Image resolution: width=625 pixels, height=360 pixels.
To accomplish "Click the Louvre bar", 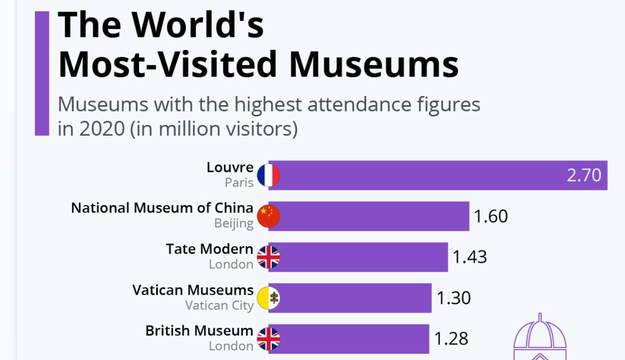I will click(419, 175).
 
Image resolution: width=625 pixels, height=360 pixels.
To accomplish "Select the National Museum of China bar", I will click(370, 216).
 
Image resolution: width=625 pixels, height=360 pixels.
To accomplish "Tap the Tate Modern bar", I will click(360, 257).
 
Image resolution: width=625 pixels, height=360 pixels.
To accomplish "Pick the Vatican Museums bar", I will click(352, 298).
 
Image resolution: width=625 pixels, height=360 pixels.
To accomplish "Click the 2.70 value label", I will click(584, 175).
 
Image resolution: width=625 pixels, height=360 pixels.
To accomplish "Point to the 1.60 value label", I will click(490, 216).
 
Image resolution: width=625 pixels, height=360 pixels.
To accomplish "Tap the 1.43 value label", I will click(469, 257).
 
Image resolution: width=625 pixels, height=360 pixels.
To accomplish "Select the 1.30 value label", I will click(453, 298).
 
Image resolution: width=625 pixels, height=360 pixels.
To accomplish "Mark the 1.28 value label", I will click(451, 339).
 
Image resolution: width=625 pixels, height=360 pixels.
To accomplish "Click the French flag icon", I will click(268, 175).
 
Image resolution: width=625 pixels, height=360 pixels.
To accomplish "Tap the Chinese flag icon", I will click(268, 216).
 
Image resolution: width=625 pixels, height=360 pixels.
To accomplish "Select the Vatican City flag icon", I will click(268, 298).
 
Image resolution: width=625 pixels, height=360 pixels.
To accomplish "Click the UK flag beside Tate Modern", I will click(268, 257).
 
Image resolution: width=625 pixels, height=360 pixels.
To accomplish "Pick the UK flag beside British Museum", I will click(268, 339).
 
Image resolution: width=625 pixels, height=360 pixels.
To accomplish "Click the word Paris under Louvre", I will click(239, 183).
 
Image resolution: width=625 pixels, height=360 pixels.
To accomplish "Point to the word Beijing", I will click(234, 224).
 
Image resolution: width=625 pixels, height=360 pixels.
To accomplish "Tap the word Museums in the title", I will click(374, 64).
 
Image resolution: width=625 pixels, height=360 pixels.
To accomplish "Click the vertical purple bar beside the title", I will click(42, 74).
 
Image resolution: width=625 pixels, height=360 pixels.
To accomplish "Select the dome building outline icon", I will click(540, 338).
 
